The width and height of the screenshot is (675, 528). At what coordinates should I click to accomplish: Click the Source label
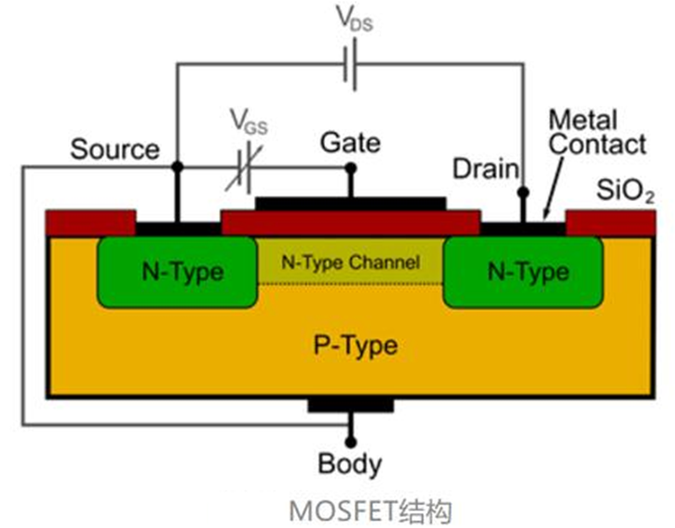[x=115, y=149]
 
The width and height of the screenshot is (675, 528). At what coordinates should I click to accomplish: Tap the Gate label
[x=350, y=142]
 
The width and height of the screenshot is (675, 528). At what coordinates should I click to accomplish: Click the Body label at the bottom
[x=350, y=464]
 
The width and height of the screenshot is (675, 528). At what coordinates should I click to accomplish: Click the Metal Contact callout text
[x=597, y=132]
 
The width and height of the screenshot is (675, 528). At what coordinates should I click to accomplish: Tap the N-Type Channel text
[x=352, y=263]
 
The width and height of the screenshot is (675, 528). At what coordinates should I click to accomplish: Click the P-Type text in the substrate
[x=352, y=346]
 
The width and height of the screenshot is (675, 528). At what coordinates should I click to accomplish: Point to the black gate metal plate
[x=351, y=203]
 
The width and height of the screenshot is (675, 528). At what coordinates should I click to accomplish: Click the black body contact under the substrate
[x=351, y=406]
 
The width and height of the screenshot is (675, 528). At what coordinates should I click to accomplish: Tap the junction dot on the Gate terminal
[x=351, y=169]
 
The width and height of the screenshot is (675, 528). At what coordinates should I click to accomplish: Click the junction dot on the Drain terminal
[x=522, y=193]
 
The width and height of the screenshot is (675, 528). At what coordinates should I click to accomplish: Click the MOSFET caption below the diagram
[x=371, y=509]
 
